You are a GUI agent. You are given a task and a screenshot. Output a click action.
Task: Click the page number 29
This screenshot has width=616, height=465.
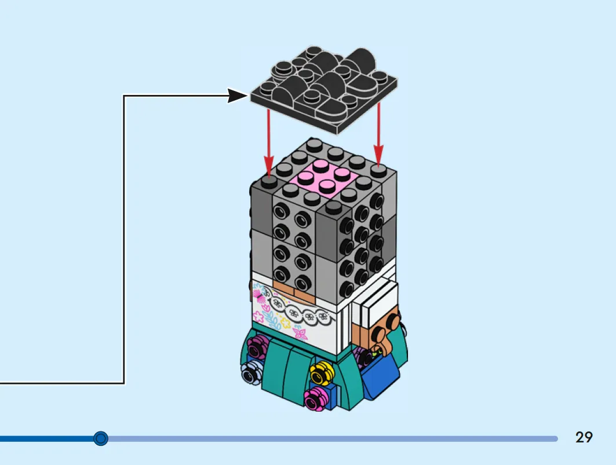click(584, 437)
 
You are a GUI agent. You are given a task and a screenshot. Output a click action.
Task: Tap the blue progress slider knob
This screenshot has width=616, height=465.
click(101, 438)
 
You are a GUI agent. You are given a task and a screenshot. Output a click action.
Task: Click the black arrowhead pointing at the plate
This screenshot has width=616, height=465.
click(238, 96)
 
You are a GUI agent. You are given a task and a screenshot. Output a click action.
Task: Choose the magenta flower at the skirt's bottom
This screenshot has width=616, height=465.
click(315, 398)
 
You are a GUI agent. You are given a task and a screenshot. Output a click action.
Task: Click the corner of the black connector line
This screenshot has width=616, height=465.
click(124, 96)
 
